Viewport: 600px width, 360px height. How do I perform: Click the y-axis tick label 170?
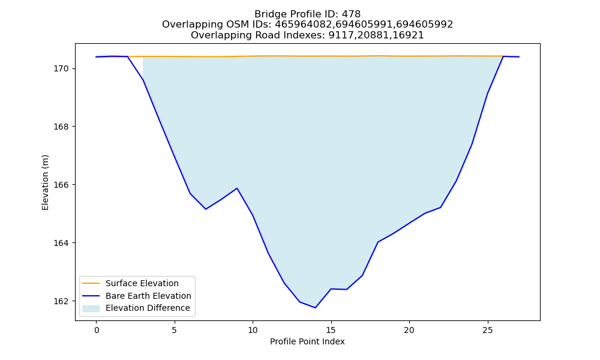pos(61,69)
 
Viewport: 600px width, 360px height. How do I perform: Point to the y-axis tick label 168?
pos(61,127)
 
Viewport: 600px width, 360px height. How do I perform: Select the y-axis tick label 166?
pos(61,185)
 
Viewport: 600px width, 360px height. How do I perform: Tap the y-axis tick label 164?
pos(61,243)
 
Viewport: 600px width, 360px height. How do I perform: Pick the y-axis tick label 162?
pos(61,301)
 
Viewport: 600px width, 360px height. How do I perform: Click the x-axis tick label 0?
pos(97,330)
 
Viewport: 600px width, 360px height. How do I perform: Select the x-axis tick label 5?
pos(175,330)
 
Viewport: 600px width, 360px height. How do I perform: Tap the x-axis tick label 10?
pos(253,330)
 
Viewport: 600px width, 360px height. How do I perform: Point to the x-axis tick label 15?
pos(331,330)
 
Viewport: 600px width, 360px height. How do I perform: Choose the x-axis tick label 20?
pos(409,330)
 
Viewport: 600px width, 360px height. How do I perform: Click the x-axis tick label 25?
pos(487,330)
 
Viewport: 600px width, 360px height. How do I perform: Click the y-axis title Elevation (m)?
pos(45,182)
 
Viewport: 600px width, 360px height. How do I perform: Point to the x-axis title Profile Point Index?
pos(307,341)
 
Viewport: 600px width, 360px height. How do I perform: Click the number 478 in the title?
pos(351,14)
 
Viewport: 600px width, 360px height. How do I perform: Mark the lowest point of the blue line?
pos(316,308)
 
